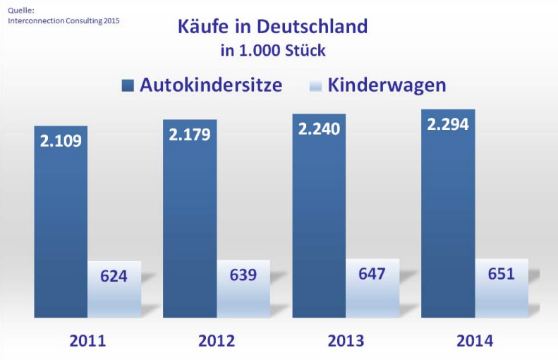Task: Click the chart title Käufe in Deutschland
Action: (x=273, y=27)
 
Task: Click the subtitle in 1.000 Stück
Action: (x=273, y=51)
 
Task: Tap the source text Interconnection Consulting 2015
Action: (x=63, y=20)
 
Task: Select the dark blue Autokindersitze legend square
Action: (x=128, y=86)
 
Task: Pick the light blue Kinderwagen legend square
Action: (x=315, y=86)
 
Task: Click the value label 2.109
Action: (x=61, y=140)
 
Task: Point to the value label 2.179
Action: (x=190, y=134)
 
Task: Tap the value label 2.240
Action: (x=319, y=128)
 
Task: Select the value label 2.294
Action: (x=448, y=124)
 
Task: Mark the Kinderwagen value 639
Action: (x=243, y=274)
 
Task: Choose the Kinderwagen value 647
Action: (x=372, y=272)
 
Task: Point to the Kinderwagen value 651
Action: (x=502, y=272)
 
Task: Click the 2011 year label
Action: (x=87, y=341)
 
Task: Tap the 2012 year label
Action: (x=217, y=341)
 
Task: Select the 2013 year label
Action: (x=346, y=341)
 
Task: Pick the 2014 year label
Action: (x=475, y=341)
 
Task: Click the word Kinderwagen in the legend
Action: (x=387, y=85)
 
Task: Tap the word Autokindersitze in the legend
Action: (x=211, y=85)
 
